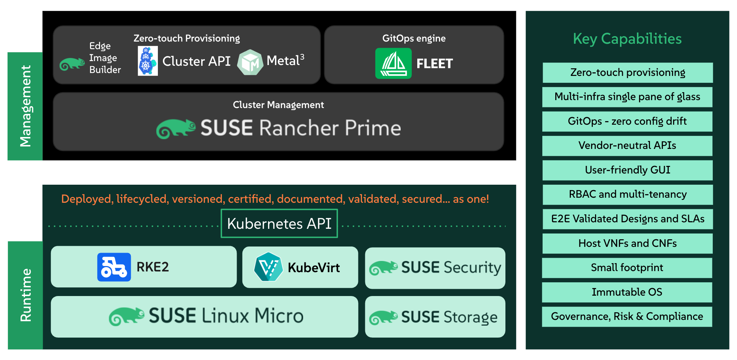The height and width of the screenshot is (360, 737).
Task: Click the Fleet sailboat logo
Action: click(393, 63)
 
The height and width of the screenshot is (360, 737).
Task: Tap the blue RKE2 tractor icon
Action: click(114, 267)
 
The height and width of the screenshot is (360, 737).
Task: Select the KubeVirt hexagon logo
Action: click(268, 267)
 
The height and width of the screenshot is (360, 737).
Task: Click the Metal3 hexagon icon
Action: click(250, 62)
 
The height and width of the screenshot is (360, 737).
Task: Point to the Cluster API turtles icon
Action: click(148, 61)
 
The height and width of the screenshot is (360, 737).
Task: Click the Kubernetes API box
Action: click(279, 223)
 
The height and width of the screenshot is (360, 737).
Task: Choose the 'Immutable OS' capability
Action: click(627, 292)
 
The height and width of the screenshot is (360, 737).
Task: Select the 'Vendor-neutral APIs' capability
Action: click(627, 146)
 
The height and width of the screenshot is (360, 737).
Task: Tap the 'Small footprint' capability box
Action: click(627, 268)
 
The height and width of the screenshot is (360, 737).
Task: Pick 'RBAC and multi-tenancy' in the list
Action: click(628, 194)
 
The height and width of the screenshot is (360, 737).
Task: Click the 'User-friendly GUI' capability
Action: click(628, 170)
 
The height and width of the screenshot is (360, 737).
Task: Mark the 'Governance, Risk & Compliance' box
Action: click(627, 317)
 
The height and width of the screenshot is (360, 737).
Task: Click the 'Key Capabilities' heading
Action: click(627, 39)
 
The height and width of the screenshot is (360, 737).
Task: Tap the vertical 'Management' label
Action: click(25, 106)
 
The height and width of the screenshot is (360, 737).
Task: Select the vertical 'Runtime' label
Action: click(26, 295)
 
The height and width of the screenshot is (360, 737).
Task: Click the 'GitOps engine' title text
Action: click(414, 38)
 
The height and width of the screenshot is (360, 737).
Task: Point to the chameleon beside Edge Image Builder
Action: click(72, 64)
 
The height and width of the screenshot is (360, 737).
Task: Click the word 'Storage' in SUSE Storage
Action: click(470, 317)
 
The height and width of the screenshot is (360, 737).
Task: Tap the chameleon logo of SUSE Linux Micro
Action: click(126, 316)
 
